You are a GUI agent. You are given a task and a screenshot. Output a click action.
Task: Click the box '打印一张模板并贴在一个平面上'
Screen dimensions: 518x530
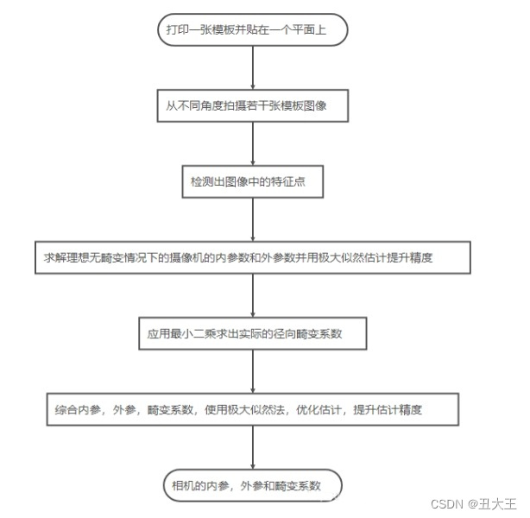(252, 30)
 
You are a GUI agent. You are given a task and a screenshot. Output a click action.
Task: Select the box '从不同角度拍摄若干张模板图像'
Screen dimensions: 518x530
(252, 106)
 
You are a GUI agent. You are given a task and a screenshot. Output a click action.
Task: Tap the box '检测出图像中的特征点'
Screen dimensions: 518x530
(252, 182)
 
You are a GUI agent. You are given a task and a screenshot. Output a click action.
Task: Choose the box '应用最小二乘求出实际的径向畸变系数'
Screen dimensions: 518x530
(252, 333)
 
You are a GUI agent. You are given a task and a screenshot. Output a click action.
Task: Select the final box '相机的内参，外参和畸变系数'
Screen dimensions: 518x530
(252, 485)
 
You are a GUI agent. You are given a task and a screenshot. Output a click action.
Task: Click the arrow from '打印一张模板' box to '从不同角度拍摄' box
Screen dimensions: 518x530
(252, 67)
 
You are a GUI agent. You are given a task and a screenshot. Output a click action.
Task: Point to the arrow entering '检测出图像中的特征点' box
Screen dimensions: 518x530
(252, 143)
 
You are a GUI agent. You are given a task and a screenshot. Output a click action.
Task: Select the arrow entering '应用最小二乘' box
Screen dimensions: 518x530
(252, 295)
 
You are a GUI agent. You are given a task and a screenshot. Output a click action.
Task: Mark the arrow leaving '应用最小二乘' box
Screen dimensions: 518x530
(252, 370)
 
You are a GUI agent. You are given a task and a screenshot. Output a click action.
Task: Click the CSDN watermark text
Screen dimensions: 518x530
(447, 503)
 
